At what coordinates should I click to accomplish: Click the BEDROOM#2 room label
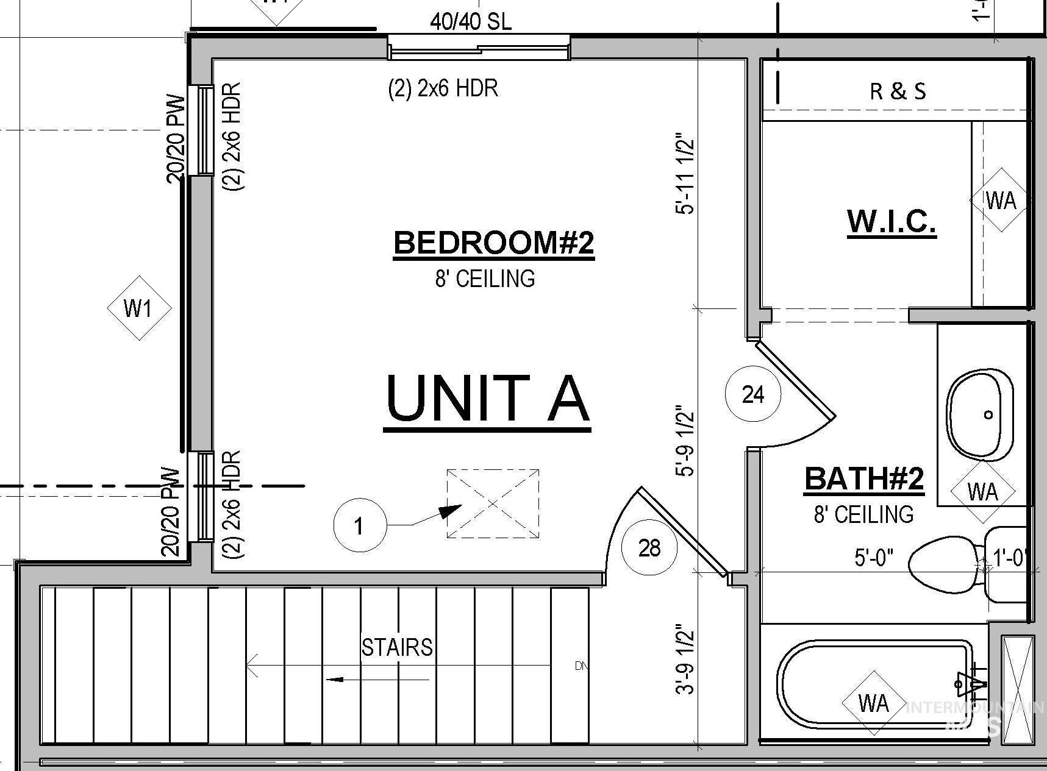pyautogui.click(x=493, y=243)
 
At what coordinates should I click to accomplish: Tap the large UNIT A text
pyautogui.click(x=488, y=399)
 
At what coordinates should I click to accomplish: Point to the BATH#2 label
pyautogui.click(x=864, y=478)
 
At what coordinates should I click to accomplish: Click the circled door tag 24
pyautogui.click(x=753, y=395)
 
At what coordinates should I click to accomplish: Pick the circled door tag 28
pyautogui.click(x=649, y=548)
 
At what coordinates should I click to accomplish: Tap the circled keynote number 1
pyautogui.click(x=359, y=525)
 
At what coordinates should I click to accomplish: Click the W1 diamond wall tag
pyautogui.click(x=138, y=308)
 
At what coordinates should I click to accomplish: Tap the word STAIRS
pyautogui.click(x=397, y=647)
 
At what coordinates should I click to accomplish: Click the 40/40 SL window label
pyautogui.click(x=471, y=22)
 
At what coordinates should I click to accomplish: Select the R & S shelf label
pyautogui.click(x=897, y=91)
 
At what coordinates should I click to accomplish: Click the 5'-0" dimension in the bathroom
pyautogui.click(x=874, y=557)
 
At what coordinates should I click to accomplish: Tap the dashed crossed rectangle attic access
pyautogui.click(x=493, y=503)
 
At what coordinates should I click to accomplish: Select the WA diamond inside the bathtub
pyautogui.click(x=873, y=703)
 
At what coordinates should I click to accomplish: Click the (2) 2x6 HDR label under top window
pyautogui.click(x=443, y=89)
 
